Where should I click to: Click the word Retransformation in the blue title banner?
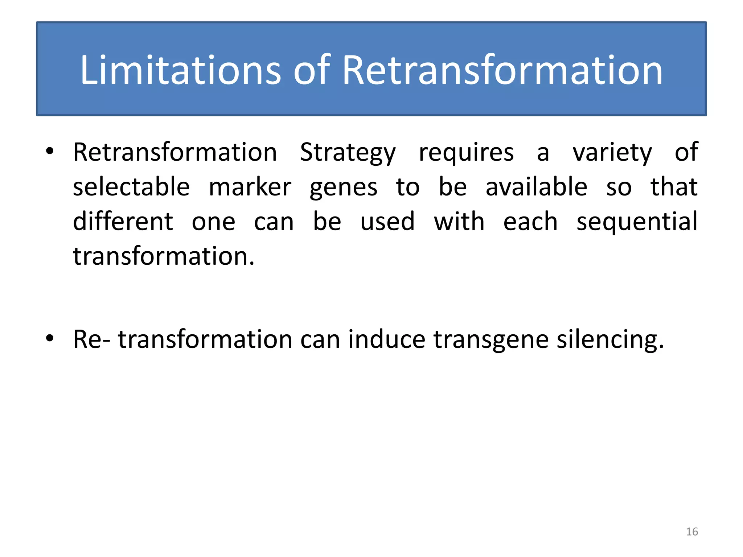502,70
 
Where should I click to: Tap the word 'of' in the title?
312,70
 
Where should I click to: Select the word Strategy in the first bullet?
348,152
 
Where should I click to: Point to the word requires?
466,152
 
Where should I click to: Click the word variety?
612,152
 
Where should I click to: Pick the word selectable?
131,187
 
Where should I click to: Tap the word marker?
250,187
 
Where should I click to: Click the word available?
536,187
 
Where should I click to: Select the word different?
123,221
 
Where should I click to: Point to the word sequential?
637,222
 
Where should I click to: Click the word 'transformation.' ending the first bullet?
164,256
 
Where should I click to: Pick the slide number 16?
692,532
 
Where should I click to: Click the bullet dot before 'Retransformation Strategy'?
50,151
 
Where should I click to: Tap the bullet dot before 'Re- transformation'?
50,338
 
